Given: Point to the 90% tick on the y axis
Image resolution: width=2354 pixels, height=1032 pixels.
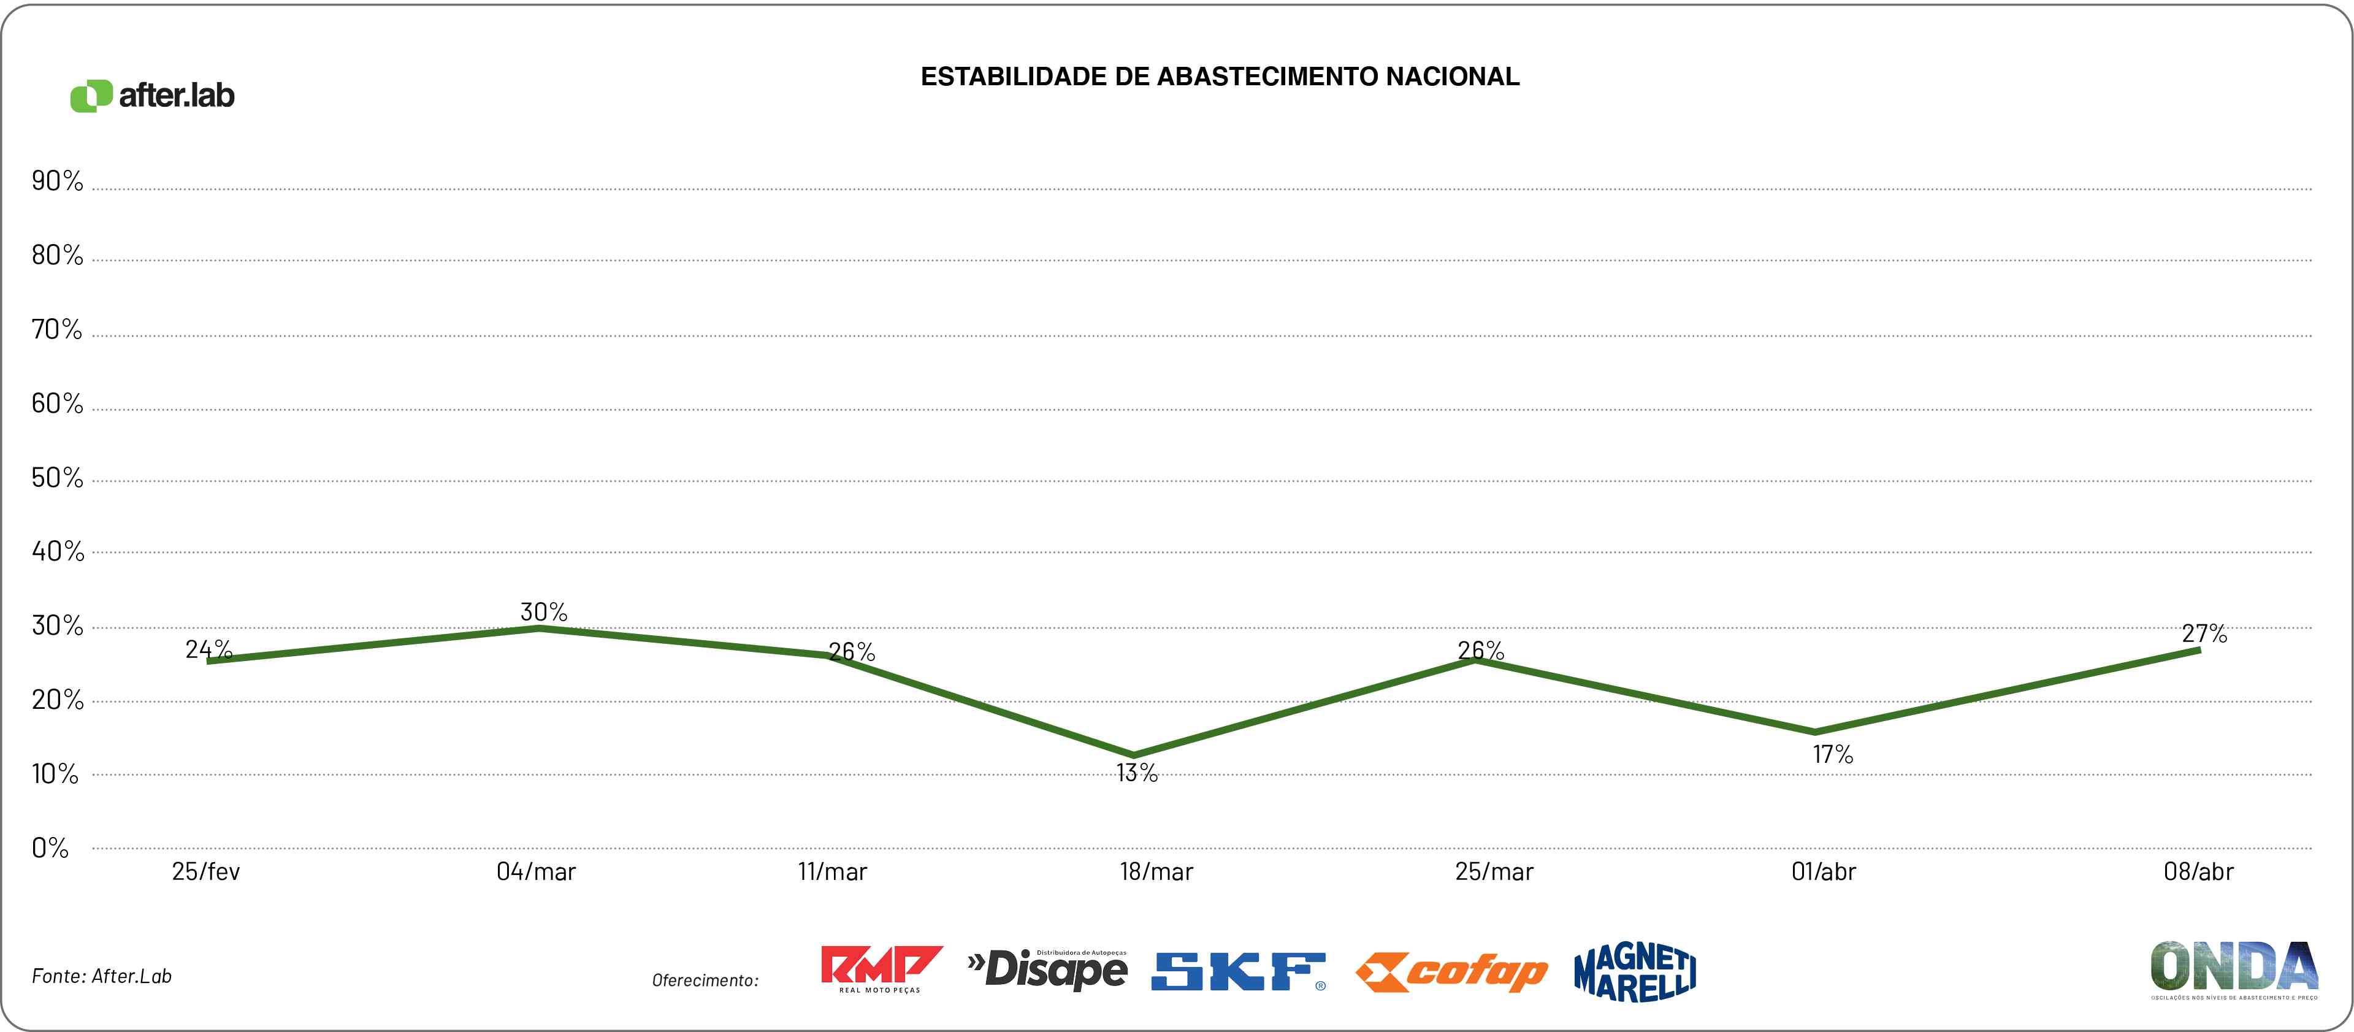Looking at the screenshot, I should click(56, 181).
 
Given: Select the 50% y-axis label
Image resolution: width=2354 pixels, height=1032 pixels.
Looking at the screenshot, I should click(56, 478).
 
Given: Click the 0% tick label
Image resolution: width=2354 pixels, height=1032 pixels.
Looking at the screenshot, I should click(50, 848).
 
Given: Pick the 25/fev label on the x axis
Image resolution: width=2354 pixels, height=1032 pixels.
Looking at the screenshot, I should click(205, 872).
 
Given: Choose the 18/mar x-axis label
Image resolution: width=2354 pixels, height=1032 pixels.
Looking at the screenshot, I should click(1156, 872).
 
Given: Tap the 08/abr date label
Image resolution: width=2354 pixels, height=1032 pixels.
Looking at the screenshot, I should click(2198, 872).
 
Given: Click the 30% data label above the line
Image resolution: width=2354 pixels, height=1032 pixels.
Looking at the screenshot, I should click(544, 611).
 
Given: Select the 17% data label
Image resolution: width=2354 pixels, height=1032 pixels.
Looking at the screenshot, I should click(1832, 755).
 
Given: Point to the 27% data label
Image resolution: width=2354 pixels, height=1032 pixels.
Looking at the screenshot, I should click(2204, 633).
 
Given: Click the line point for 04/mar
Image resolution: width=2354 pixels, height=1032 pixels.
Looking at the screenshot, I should click(539, 627).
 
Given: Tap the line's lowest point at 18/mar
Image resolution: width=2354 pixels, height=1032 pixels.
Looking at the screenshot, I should click(1134, 756).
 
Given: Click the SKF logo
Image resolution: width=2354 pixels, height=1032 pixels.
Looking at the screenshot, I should click(1238, 972).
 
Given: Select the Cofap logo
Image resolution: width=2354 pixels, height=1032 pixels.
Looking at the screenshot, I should click(1451, 973).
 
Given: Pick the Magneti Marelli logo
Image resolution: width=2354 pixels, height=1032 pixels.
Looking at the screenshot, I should click(1635, 972).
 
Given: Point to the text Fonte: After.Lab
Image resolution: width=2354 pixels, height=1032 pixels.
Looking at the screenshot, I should click(101, 976).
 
